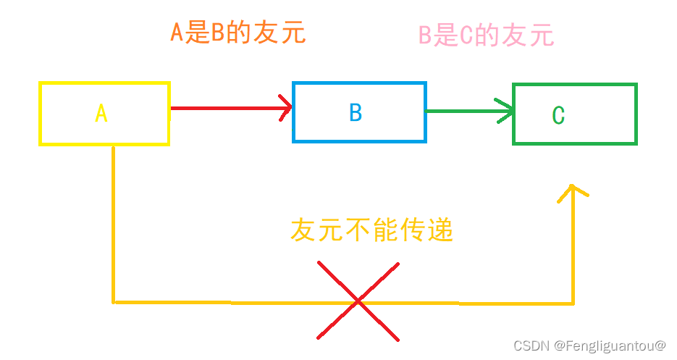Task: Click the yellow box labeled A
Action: click(x=104, y=113)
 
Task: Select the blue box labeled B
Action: click(x=359, y=112)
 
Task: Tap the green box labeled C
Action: click(x=574, y=114)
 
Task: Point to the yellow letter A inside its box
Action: click(x=101, y=113)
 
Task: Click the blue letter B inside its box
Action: click(x=356, y=112)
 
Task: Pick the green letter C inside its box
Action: click(x=558, y=116)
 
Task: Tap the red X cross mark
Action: click(x=358, y=300)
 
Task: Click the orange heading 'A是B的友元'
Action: click(x=237, y=33)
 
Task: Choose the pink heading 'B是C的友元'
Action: click(x=486, y=35)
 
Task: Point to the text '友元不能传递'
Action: click(x=371, y=230)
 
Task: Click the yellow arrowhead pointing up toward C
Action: click(x=573, y=192)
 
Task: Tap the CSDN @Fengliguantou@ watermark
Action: click(x=589, y=346)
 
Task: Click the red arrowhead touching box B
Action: click(x=285, y=108)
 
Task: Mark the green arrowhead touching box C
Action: click(x=506, y=111)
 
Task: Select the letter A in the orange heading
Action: click(x=177, y=33)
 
